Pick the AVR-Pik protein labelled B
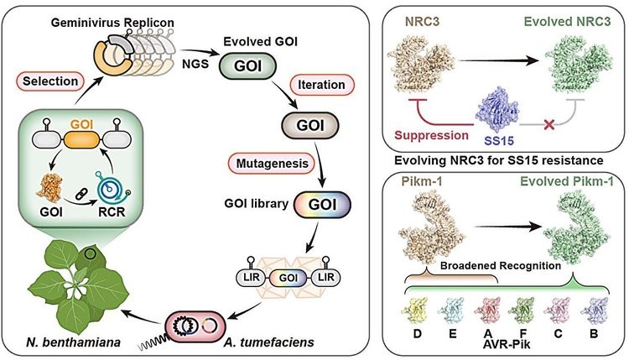595,314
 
